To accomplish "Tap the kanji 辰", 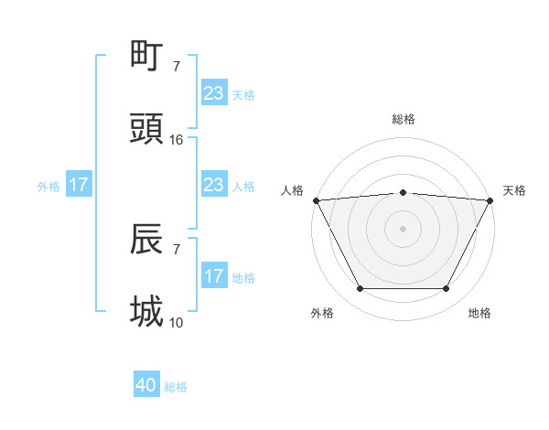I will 148,239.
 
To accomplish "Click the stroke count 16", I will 177,139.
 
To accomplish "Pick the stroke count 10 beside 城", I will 177,322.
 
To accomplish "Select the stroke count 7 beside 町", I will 177,67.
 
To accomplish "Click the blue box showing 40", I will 146,386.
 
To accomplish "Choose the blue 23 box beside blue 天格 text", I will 213,93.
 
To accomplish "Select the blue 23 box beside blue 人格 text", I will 213,185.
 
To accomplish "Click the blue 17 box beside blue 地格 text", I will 213,276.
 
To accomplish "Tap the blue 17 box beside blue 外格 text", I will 79,185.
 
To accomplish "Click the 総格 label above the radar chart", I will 403,119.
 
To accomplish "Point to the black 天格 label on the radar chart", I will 514,190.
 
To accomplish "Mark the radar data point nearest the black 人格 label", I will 316,200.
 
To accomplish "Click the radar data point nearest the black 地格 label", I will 447,289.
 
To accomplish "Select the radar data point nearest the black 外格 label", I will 360,289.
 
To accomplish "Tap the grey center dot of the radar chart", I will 403,228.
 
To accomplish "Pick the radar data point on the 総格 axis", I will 403,192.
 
